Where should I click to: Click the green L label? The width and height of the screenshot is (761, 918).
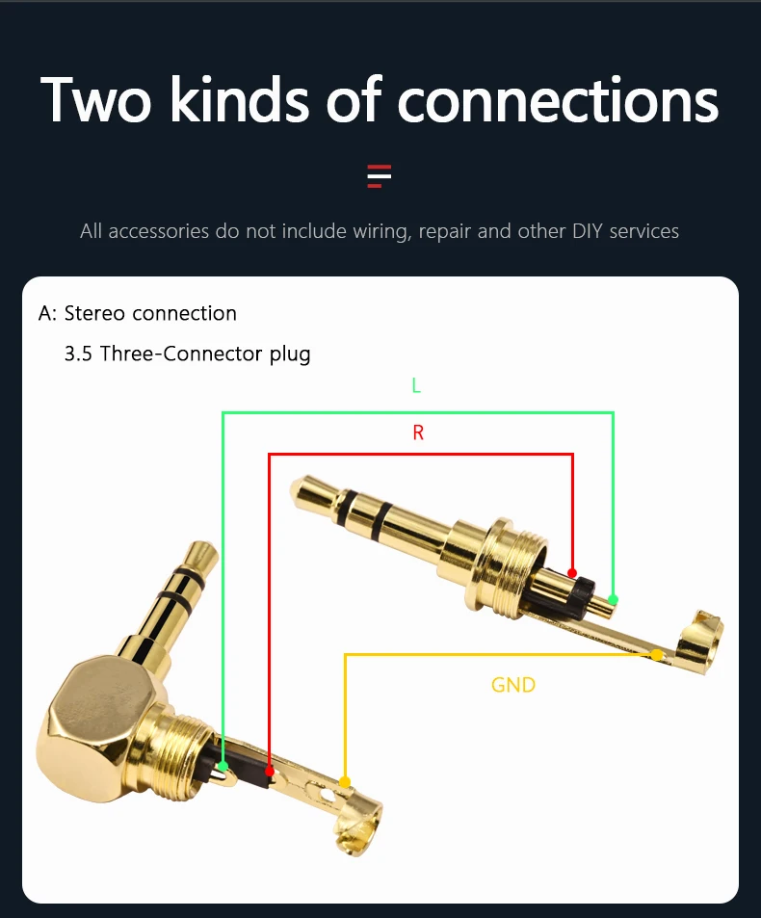416,385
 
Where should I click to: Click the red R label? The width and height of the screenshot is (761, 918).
418,433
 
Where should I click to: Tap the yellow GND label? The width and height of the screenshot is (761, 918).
513,685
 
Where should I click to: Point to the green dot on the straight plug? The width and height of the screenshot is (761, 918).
613,599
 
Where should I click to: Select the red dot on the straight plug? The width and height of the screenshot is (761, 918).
572,573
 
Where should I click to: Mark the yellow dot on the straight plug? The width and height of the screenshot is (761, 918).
657,654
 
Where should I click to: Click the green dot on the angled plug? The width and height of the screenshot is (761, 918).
223,767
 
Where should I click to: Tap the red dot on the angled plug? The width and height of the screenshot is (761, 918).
270,772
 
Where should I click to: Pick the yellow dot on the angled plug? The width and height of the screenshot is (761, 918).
345,782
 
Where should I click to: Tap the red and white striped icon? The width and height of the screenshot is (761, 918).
380,175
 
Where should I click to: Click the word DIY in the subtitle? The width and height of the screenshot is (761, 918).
588,230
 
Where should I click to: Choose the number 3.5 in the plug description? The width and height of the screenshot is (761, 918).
78,354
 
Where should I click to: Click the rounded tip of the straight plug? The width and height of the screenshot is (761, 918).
308,490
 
